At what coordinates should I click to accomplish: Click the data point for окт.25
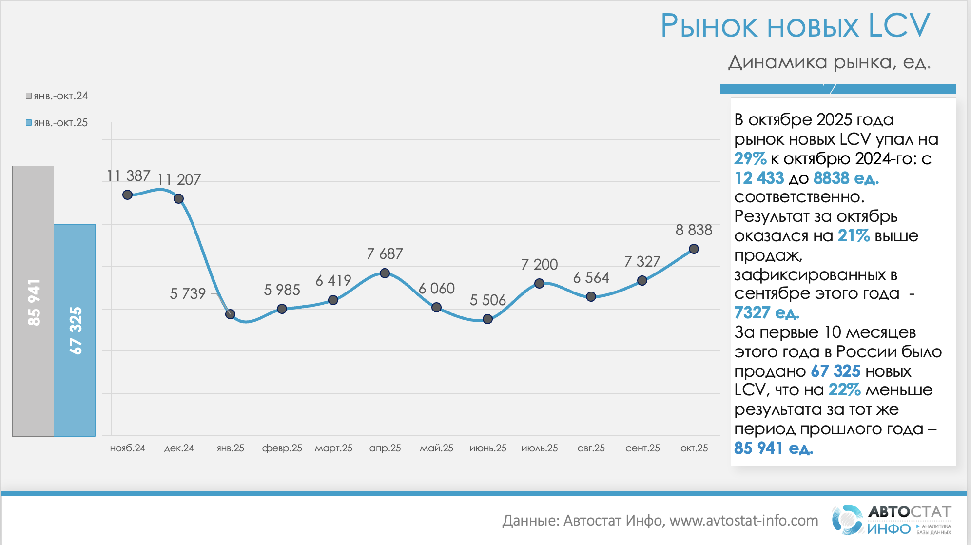point(694,249)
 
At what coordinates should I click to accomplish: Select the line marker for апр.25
point(385,273)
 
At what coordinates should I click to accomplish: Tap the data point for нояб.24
point(128,195)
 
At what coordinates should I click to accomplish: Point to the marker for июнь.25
point(487,319)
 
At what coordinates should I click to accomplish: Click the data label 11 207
point(179,180)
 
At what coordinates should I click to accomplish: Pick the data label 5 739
point(188,293)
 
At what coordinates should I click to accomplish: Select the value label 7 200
point(539,264)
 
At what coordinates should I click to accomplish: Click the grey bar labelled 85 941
point(33,301)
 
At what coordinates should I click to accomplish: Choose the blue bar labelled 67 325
point(75,331)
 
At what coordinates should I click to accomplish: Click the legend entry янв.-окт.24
point(57,96)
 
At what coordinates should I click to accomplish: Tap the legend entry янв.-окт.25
point(57,123)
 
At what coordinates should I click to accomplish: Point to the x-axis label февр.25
point(282,448)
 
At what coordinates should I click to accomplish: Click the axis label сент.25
point(642,448)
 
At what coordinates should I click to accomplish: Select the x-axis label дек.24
point(179,448)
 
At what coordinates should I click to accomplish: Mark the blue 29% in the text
point(750,158)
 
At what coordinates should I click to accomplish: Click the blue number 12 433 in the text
point(759,178)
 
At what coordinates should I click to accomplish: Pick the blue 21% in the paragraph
point(854,236)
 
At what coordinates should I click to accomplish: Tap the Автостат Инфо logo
point(891,520)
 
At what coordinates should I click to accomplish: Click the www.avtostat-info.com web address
point(743,521)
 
